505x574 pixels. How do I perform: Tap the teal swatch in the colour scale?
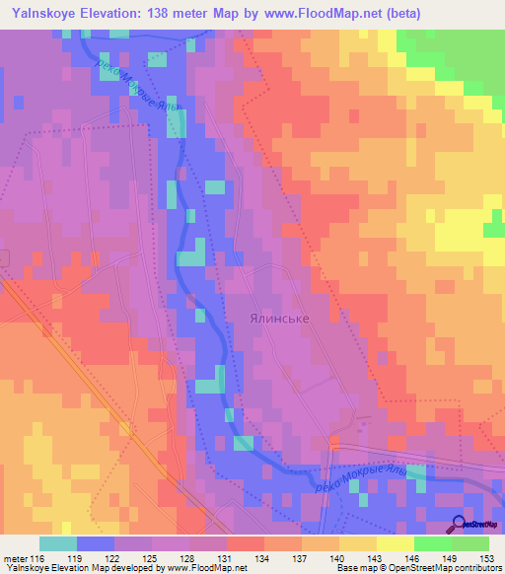pyautogui.click(x=57, y=543)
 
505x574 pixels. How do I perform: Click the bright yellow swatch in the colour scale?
pyautogui.click(x=396, y=543)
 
